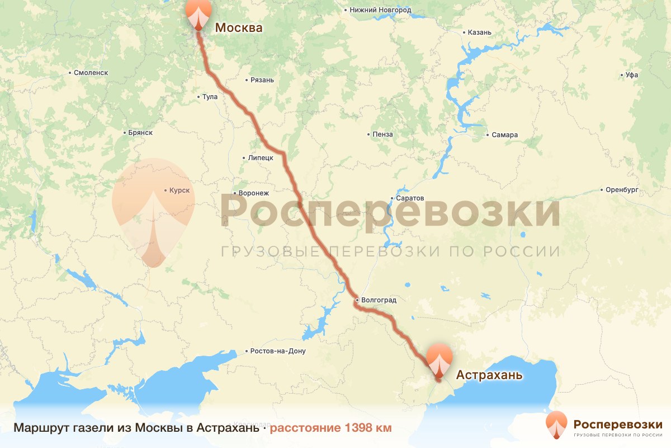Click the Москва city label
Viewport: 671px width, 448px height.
click(239, 27)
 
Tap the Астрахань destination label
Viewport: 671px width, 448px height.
click(489, 375)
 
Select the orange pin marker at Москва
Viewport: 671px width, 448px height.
click(199, 13)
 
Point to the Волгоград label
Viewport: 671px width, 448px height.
click(379, 300)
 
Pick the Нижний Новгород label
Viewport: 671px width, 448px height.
click(380, 10)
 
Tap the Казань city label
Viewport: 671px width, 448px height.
click(479, 32)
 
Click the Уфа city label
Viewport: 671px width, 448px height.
click(632, 75)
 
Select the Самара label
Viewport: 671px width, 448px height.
click(505, 135)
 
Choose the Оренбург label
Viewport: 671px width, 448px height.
click(622, 190)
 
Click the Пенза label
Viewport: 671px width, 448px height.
click(383, 134)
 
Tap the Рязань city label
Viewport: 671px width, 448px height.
click(262, 80)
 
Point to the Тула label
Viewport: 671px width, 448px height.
click(210, 97)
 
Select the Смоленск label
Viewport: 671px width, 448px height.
click(91, 73)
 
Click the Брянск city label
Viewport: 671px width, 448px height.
click(140, 133)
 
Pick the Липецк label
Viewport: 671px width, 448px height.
click(260, 158)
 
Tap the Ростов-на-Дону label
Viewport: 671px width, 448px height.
click(278, 351)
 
